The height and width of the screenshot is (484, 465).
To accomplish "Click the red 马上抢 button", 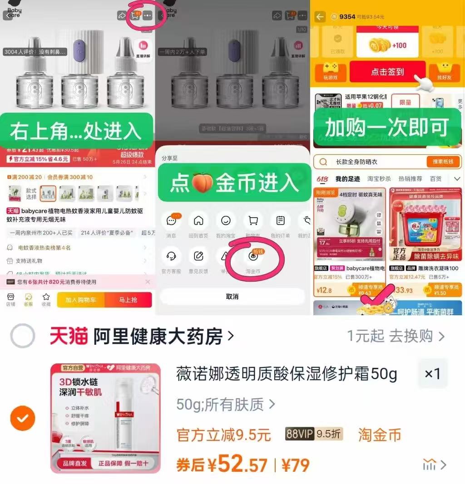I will (x=128, y=300).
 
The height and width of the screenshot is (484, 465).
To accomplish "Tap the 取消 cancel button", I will (x=232, y=296).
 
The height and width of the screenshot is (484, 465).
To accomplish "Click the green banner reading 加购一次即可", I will (x=387, y=127).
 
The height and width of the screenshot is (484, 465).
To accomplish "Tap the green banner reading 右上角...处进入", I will (x=76, y=131).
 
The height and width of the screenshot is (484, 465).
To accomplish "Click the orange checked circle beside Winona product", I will (x=23, y=418).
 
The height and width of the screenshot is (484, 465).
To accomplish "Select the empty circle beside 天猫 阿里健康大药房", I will (x=23, y=336).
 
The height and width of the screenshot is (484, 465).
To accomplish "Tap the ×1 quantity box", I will (x=432, y=374).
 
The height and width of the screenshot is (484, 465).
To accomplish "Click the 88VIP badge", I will (x=300, y=434).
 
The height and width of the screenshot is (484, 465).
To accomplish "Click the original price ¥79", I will (x=296, y=465).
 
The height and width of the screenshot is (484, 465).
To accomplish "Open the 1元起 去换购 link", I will (x=396, y=336).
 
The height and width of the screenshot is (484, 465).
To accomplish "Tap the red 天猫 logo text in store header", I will (x=69, y=337).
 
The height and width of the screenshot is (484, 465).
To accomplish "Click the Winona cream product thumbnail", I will (x=105, y=418).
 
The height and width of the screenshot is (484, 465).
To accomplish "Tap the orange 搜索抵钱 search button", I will (x=443, y=162).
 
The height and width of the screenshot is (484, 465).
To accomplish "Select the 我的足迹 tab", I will (x=347, y=179).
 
